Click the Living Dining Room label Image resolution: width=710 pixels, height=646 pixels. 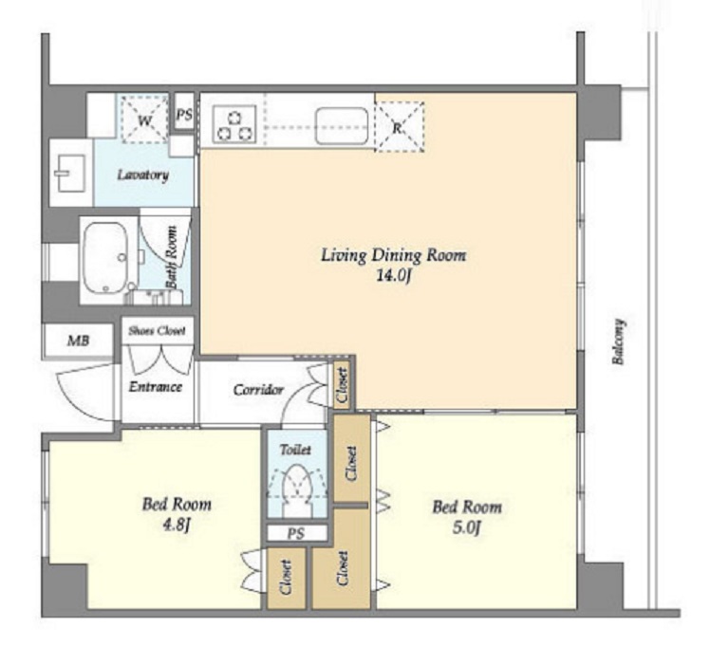(x=394, y=255)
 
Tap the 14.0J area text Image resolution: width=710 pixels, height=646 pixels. (x=394, y=276)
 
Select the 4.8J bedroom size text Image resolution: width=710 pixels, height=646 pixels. (x=177, y=526)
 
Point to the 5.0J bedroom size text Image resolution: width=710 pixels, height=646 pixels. (x=466, y=527)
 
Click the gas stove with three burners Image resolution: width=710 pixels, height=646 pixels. (x=234, y=125)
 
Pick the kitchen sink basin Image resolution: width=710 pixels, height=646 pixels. (x=342, y=126)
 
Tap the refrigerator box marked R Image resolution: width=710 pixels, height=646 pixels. (x=400, y=127)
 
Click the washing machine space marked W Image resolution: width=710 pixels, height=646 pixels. (x=144, y=120)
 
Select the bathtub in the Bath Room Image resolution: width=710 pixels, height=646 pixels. (x=104, y=258)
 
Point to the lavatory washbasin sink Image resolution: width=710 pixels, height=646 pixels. (x=70, y=174)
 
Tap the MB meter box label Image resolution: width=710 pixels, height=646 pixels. (x=78, y=341)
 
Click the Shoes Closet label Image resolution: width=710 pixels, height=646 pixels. (x=157, y=331)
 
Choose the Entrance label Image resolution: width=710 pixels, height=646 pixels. (x=156, y=387)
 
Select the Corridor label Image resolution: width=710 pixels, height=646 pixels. (x=258, y=390)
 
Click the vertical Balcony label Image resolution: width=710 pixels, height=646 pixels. (x=619, y=341)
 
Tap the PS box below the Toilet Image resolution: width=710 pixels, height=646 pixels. (x=296, y=533)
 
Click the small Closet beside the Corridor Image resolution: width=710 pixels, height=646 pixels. (x=343, y=385)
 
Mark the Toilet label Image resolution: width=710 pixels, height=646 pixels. (x=295, y=450)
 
